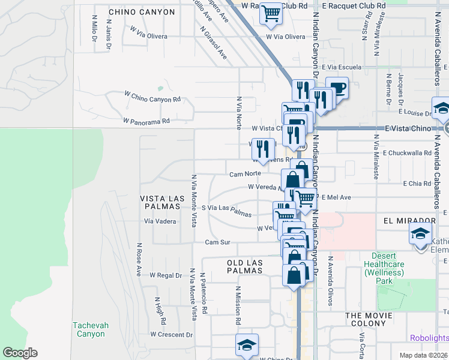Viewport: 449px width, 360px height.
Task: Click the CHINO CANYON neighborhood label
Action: [x=142, y=12]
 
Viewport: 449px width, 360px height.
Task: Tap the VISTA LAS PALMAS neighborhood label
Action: [x=160, y=202]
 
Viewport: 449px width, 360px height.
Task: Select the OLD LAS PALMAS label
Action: [x=245, y=266]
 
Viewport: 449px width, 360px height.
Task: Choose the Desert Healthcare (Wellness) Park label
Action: [x=384, y=268]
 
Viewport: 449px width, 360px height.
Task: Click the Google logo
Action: [x=20, y=353]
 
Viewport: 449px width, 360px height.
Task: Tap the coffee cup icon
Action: [x=337, y=88]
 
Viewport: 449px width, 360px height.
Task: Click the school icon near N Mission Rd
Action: [x=246, y=345]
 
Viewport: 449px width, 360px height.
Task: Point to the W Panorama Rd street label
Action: [x=146, y=121]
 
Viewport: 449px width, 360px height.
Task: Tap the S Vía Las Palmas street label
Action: [x=226, y=211]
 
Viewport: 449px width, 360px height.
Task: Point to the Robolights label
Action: [x=429, y=338]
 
